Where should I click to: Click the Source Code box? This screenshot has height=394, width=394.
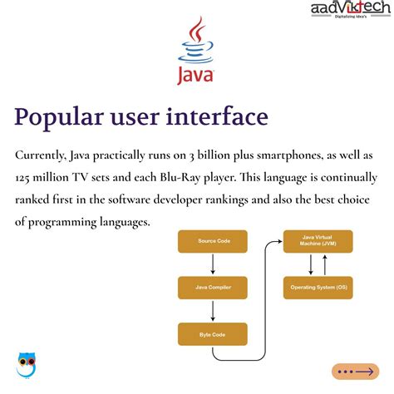(x=213, y=241)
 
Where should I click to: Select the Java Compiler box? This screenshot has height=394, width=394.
(x=213, y=288)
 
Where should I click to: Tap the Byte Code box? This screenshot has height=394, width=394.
(x=213, y=334)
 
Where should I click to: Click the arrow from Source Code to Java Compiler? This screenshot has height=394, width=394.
(x=213, y=264)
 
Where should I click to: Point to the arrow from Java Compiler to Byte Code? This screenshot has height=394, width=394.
(x=213, y=311)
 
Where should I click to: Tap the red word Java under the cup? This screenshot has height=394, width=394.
(x=197, y=76)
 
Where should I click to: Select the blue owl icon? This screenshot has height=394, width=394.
(x=26, y=364)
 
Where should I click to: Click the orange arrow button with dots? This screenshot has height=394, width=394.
(x=355, y=372)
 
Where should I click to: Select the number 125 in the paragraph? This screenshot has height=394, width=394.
(x=26, y=178)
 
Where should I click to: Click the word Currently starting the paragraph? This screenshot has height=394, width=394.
(x=44, y=156)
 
